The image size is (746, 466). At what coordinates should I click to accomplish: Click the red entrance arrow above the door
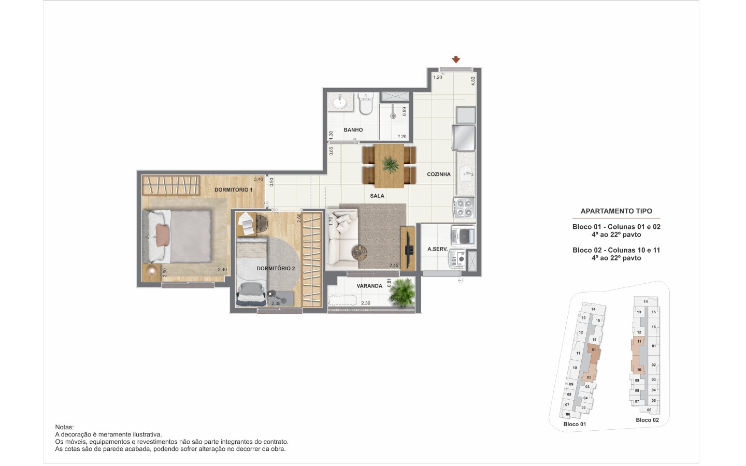(456, 60)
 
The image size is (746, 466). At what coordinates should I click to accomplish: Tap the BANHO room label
(353, 130)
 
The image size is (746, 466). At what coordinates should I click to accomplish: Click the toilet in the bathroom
(366, 104)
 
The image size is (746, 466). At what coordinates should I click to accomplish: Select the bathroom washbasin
(340, 101)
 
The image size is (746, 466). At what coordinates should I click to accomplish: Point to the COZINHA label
(439, 174)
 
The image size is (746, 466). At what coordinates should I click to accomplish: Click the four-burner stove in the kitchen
(464, 207)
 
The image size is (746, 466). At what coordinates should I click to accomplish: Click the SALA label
(377, 196)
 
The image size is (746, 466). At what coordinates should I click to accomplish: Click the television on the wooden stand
(408, 247)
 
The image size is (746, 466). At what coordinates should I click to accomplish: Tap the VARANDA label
(369, 286)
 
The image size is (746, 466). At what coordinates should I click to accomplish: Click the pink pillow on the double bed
(162, 235)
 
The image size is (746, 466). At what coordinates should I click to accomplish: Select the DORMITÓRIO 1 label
(234, 190)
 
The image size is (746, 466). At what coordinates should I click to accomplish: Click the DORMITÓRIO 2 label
(276, 268)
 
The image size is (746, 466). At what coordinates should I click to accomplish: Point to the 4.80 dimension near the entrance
(474, 81)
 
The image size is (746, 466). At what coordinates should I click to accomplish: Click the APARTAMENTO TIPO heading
(616, 211)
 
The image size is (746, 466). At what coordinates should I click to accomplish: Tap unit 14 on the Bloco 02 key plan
(645, 301)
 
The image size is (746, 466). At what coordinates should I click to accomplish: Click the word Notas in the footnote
(64, 427)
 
